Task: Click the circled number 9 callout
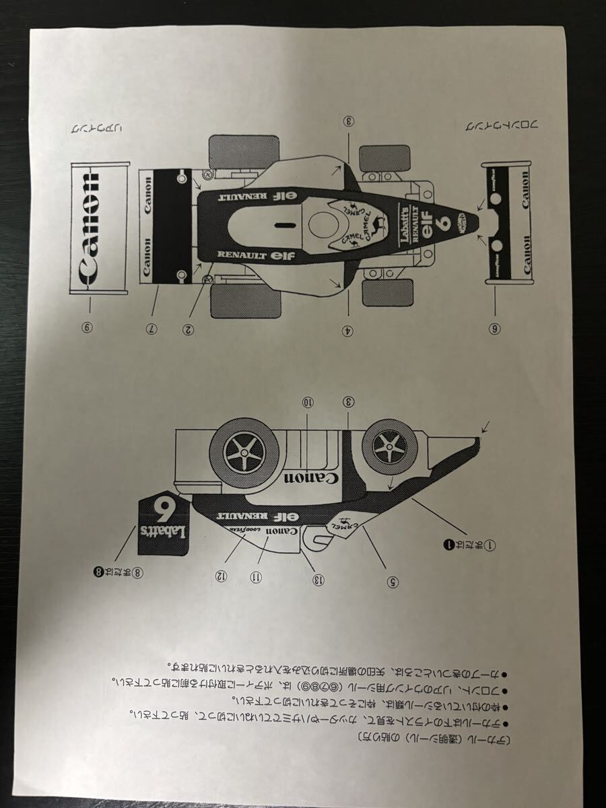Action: (x=87, y=328)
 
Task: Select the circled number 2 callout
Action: (x=189, y=329)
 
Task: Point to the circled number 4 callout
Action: (x=348, y=329)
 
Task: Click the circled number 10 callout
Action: (x=308, y=402)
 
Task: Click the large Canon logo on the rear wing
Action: (x=91, y=229)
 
